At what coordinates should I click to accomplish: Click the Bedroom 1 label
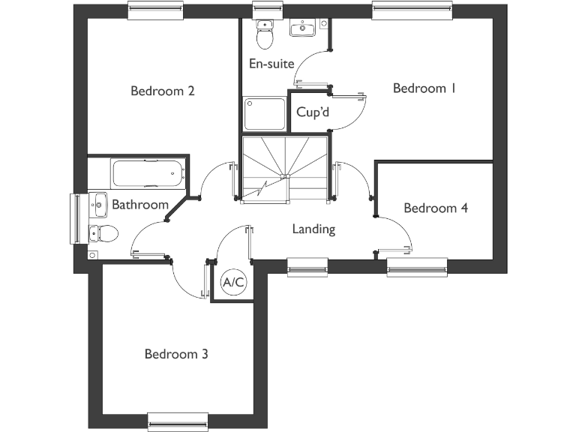point(424,88)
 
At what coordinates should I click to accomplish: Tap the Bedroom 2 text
point(163,91)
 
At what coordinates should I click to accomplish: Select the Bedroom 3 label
point(176,354)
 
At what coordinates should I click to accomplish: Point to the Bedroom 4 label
point(435,208)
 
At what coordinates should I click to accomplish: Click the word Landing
point(313,229)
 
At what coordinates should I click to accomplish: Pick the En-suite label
point(271,64)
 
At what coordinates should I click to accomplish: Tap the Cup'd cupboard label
point(313,113)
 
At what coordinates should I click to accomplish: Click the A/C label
point(233,283)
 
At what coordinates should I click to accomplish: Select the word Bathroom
point(139,205)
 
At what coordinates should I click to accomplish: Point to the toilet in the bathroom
point(103,234)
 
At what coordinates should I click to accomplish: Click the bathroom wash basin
point(97,202)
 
